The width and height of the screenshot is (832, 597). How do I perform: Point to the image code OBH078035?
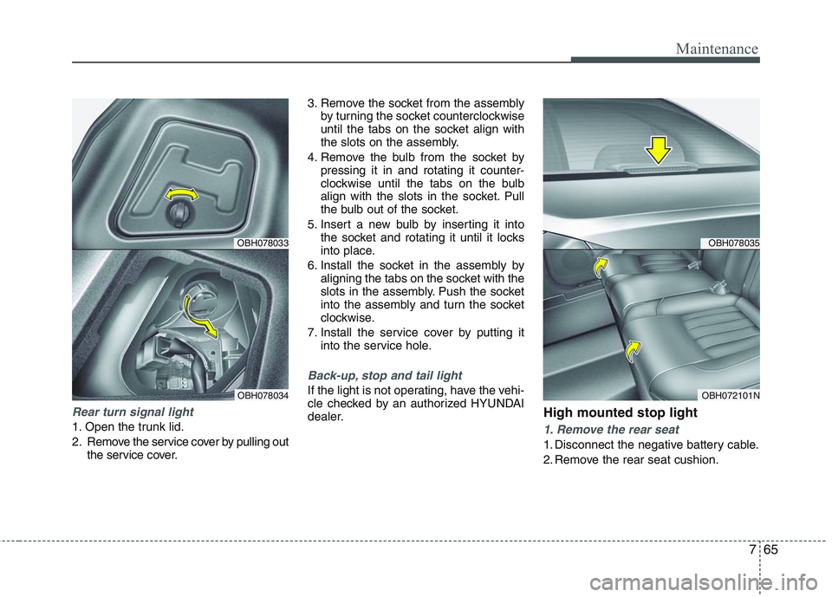coord(733,243)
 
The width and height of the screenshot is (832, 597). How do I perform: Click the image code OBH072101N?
coord(730,394)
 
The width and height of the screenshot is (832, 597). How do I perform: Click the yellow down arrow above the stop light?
coord(660,150)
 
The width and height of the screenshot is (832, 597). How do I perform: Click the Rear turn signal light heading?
coord(133,412)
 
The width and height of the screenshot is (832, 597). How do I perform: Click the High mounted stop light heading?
coord(620,412)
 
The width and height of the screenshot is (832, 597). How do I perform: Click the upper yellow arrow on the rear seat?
coord(600,267)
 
